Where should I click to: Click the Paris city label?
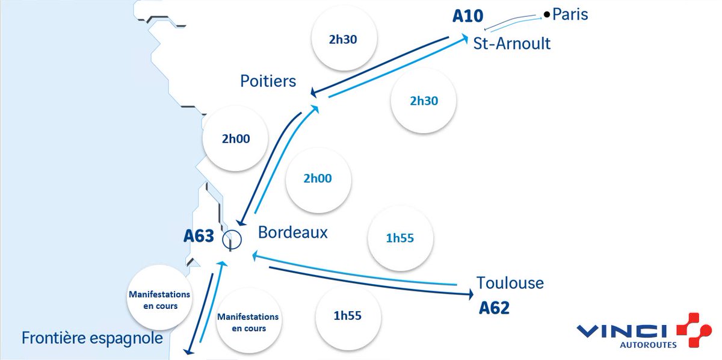coord(570,14)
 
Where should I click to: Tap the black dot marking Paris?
coord(546,14)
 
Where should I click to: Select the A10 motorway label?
coord(467,16)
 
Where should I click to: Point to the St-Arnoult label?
coord(511,44)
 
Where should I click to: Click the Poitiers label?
coord(268,81)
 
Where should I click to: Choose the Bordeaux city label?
coord(293,232)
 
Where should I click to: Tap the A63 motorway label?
coord(199,236)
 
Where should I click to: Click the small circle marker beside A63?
coord(232,240)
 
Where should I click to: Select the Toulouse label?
coord(510,282)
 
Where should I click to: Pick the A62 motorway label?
coord(494,308)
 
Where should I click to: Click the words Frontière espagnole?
coord(92,338)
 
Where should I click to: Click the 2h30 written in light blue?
coord(424,101)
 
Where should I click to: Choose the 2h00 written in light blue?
coord(318,179)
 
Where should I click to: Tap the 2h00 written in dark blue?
coord(235,139)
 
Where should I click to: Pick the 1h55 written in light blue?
coord(401,238)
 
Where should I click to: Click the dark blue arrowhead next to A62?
coord(469,294)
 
